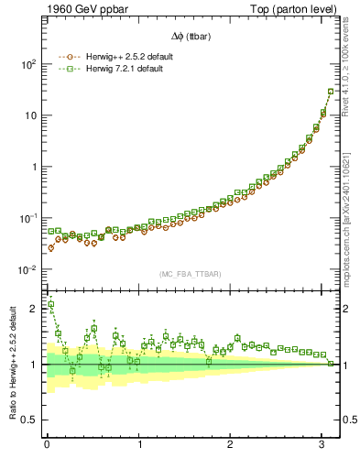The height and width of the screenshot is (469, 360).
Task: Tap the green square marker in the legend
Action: point(66,68)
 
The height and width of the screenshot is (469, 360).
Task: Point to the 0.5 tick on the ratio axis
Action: point(27,420)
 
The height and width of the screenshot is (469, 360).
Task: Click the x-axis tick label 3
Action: point(322,444)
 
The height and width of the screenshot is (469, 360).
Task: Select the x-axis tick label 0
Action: point(47,444)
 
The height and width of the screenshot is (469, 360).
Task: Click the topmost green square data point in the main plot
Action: point(331,92)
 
